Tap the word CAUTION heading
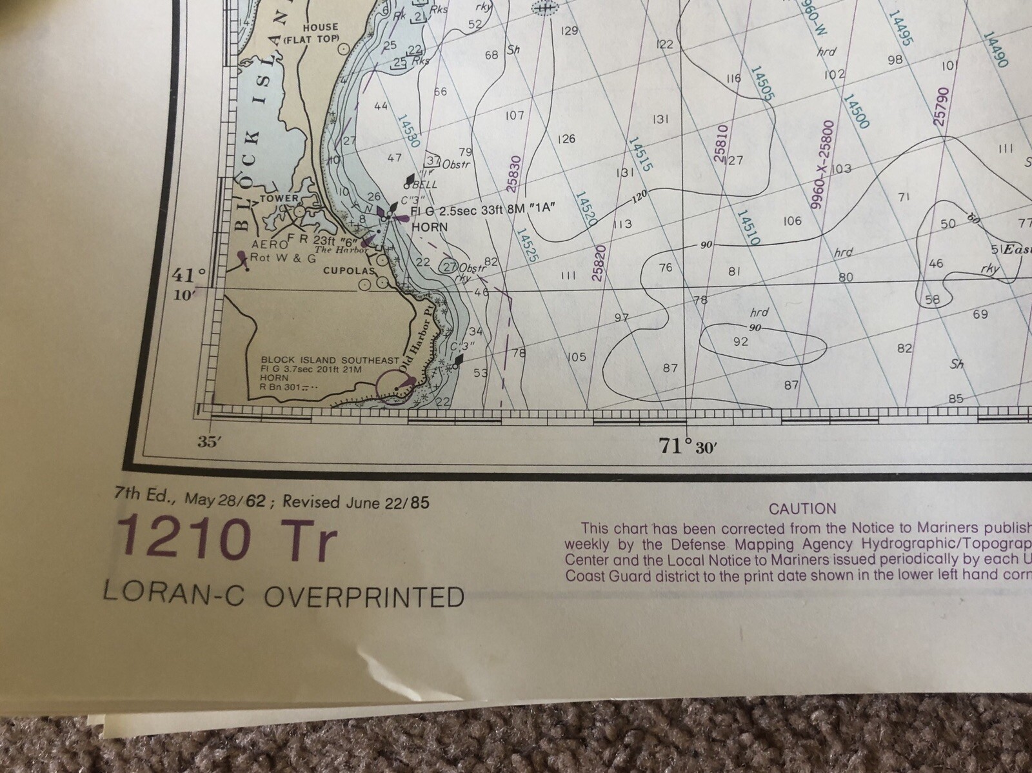point(802,509)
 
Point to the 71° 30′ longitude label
point(685,446)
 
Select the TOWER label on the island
point(279,199)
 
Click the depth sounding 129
point(570,30)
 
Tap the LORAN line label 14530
point(408,133)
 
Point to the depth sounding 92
point(741,341)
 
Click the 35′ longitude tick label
point(206,442)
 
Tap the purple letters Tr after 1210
point(313,544)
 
